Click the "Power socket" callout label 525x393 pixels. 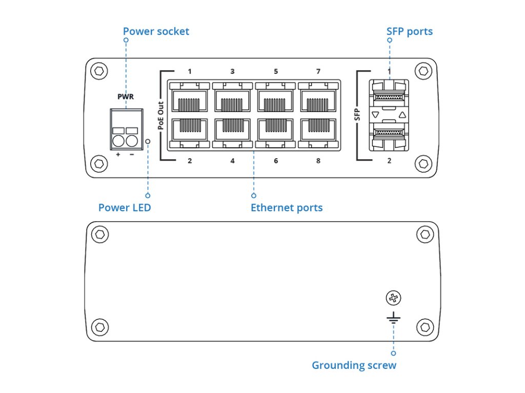pyautogui.click(x=156, y=32)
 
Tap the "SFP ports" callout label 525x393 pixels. pyautogui.click(x=409, y=32)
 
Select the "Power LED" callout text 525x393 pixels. pyautogui.click(x=125, y=208)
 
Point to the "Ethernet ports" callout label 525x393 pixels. pyautogui.click(x=287, y=208)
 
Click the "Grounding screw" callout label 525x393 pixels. pyautogui.click(x=354, y=365)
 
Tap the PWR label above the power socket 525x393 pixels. pyautogui.click(x=126, y=96)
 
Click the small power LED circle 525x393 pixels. pyautogui.click(x=148, y=141)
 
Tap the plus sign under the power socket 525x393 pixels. pyautogui.click(x=118, y=154)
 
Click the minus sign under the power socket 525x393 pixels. pyautogui.click(x=132, y=154)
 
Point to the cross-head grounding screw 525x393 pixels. pyautogui.click(x=393, y=298)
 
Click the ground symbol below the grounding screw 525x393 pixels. pyautogui.click(x=393, y=320)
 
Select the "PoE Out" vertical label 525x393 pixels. pyautogui.click(x=160, y=115)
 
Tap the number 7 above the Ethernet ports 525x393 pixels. pyautogui.click(x=318, y=71)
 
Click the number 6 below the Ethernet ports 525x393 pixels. pyautogui.click(x=276, y=161)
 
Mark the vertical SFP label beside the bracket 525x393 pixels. pyautogui.click(x=357, y=114)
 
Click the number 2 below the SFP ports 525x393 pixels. pyautogui.click(x=389, y=161)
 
